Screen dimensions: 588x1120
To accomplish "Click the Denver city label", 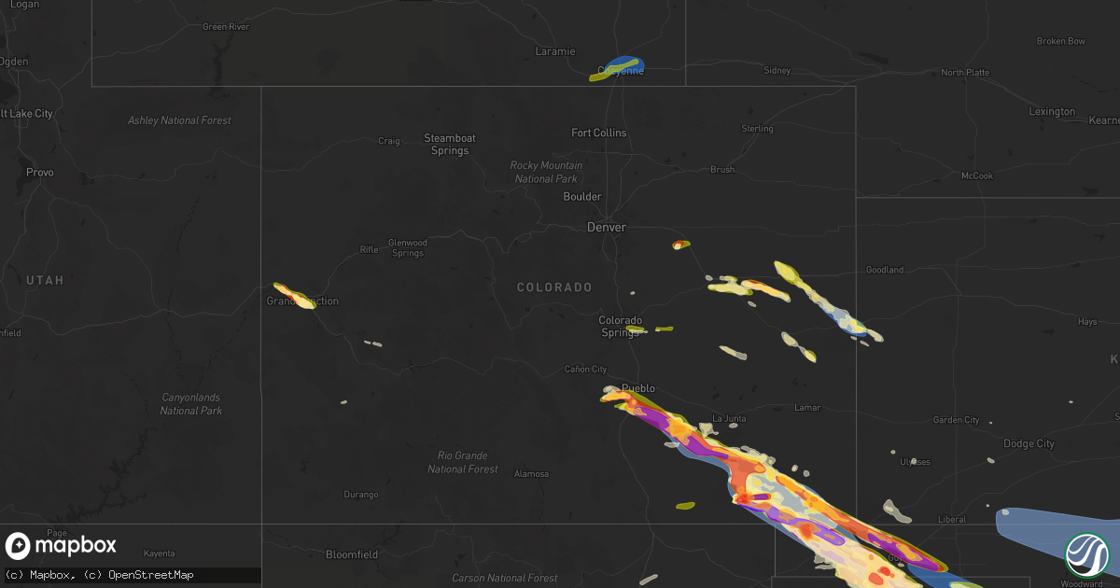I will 607,227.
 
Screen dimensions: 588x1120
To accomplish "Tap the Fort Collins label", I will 599,133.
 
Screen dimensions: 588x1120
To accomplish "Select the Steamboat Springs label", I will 450,145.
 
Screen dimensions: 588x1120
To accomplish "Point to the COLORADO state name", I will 554,287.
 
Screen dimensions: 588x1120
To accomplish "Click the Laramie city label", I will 555,51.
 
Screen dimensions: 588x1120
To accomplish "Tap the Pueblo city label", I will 638,388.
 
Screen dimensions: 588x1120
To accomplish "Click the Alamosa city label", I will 532,474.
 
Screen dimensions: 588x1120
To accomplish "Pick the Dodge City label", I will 1029,444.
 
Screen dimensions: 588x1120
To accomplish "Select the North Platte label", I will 965,73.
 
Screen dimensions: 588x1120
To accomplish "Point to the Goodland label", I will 885,270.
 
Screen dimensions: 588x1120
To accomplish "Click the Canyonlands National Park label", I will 190,404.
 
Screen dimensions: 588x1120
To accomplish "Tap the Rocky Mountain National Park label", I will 545,172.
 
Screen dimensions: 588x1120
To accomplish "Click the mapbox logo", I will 62,546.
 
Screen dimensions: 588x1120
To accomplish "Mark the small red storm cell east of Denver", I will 679,245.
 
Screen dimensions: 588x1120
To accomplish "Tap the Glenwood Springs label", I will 408,247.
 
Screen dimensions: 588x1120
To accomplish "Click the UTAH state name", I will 45,280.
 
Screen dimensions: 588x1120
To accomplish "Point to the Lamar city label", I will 806,408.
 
